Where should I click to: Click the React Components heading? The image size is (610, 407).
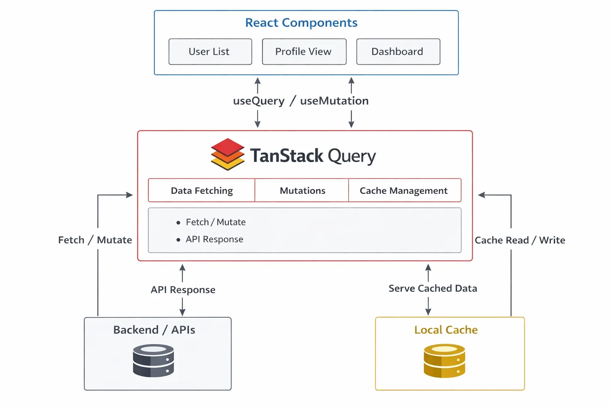[x=301, y=23]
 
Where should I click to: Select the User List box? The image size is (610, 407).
[x=210, y=52]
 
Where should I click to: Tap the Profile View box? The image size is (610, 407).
[x=304, y=52]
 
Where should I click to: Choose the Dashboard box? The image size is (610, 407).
[x=398, y=52]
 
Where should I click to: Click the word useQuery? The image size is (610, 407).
[x=259, y=101]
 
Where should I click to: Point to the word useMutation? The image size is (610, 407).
[x=334, y=101]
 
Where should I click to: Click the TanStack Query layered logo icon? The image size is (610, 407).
[x=228, y=154]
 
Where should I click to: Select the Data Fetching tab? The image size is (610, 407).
[x=202, y=191]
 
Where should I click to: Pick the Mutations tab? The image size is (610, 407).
[x=302, y=191]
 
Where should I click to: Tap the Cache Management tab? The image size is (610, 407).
[x=404, y=191]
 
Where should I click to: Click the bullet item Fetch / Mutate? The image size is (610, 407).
[x=215, y=222]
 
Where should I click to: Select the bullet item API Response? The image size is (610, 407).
[x=214, y=239]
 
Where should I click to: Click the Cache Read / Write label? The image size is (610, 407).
[x=519, y=240]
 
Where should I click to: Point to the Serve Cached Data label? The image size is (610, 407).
[x=432, y=288]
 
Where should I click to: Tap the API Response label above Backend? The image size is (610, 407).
[x=183, y=290]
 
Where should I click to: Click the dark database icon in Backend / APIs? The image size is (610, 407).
[x=153, y=360]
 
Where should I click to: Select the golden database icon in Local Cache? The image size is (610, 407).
[x=444, y=360]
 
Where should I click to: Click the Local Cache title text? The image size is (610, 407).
[x=446, y=330]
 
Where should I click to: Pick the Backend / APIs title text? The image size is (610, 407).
[x=154, y=330]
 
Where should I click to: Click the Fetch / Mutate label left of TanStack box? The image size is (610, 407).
[x=95, y=240]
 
